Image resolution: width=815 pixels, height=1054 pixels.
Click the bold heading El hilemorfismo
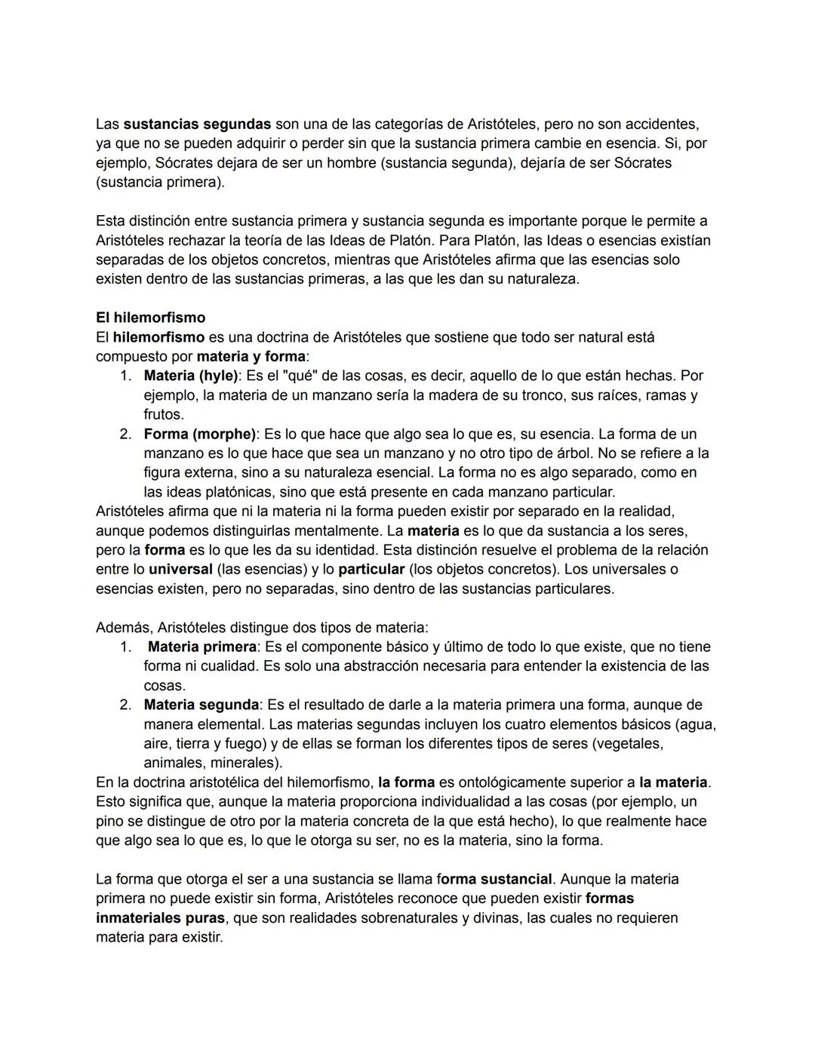pyautogui.click(x=150, y=318)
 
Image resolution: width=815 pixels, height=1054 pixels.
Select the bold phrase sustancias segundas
pyautogui.click(x=197, y=124)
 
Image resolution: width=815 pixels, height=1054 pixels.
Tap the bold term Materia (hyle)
pyautogui.click(x=190, y=376)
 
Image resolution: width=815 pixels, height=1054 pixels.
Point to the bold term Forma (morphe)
pyautogui.click(x=199, y=435)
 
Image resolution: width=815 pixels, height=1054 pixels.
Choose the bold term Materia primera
pyautogui.click(x=201, y=647)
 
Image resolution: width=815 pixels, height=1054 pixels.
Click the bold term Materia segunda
pyautogui.click(x=201, y=705)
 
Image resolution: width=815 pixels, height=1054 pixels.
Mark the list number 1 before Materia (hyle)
pyautogui.click(x=125, y=376)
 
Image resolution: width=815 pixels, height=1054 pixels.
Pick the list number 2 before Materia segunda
pyautogui.click(x=125, y=705)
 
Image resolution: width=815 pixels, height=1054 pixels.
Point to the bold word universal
pyautogui.click(x=180, y=570)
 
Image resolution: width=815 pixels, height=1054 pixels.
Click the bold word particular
pyautogui.click(x=371, y=570)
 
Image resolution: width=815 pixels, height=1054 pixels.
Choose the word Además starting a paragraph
pyautogui.click(x=123, y=628)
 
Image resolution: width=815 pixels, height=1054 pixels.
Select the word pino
pyautogui.click(x=109, y=822)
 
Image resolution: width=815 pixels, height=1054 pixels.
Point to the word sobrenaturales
pyautogui.click(x=417, y=918)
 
